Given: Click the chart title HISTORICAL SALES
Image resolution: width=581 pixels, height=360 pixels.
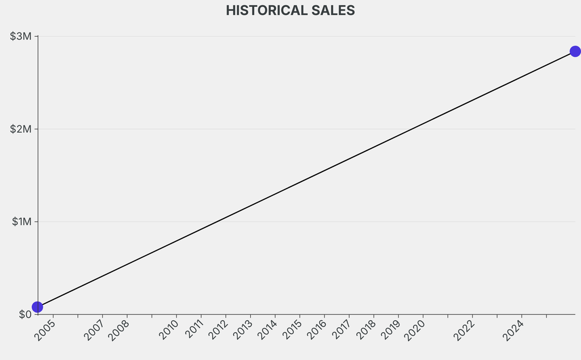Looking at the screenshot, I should point(290,10).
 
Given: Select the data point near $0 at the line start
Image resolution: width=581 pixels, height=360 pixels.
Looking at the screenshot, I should point(37,307).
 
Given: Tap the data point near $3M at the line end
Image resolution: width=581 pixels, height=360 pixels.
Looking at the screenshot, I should point(575,52).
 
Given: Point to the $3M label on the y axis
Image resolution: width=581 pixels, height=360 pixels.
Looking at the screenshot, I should point(21,36).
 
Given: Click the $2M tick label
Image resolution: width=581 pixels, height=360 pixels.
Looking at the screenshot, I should point(21,129).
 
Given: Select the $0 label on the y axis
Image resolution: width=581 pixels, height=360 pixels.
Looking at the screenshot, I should point(24,314).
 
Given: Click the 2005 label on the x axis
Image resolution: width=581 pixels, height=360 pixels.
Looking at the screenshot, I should point(45,330).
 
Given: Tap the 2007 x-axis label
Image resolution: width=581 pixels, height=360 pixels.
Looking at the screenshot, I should point(95,330).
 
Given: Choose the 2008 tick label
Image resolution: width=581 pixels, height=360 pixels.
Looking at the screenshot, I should point(119,330).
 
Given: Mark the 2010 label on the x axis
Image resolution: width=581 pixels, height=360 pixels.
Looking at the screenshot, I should point(169,330).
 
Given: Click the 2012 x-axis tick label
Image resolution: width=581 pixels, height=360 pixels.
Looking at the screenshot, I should point(218,330).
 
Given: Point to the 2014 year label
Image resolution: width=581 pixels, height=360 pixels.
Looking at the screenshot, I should point(267,330).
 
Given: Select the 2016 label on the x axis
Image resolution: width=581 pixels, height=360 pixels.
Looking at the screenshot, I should point(317,330).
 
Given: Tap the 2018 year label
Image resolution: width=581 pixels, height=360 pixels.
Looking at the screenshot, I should point(366,330).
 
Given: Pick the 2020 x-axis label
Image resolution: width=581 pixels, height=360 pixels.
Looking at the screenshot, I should point(415,330).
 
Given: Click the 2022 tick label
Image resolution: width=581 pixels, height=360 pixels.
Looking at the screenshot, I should point(465,330).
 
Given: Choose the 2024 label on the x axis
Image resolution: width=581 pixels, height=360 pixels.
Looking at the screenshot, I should point(514,330).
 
